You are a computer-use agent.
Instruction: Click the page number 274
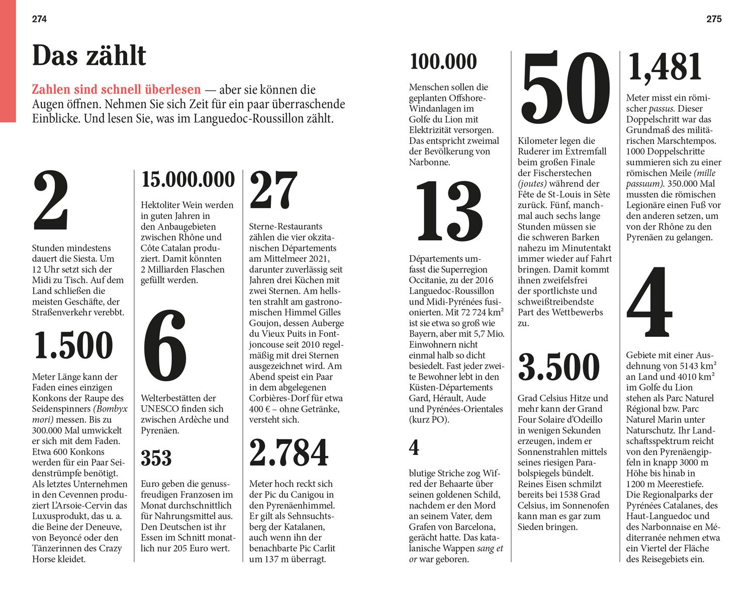pos(39,19)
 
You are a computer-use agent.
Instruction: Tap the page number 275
pos(714,19)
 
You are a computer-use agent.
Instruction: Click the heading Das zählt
pos(89,56)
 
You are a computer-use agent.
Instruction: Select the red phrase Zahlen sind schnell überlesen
pos(116,90)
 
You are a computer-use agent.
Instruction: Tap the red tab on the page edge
pos(8,60)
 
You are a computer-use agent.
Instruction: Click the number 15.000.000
pos(188,179)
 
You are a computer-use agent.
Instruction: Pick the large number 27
pos(273,192)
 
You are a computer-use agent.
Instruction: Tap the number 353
pos(156,458)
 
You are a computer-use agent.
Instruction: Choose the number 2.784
pos(289,453)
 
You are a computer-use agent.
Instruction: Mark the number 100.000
pos(443,62)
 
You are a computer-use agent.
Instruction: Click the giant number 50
pos(566,88)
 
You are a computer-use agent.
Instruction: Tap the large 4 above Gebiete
pos(649,303)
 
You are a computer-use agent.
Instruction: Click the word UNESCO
pos(159,409)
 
